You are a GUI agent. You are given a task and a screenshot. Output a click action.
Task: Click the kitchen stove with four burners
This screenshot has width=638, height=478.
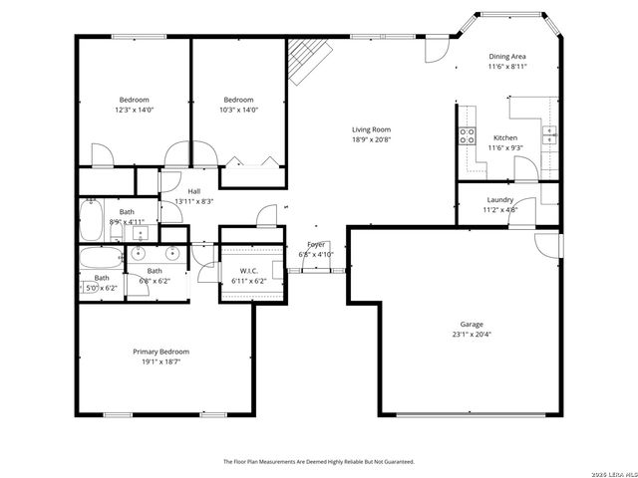[466, 136]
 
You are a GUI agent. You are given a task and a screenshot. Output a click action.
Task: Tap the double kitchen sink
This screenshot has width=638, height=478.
[548, 132]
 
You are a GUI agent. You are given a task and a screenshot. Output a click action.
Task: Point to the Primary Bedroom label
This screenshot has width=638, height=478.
[160, 352]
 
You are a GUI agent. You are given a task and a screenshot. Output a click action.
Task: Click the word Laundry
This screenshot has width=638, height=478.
[499, 199]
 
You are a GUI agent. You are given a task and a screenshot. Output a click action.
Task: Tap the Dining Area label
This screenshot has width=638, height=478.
[507, 57]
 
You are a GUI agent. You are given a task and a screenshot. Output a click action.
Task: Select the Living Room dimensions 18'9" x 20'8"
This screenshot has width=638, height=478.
[371, 140]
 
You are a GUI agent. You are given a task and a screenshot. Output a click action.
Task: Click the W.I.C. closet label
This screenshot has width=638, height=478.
[249, 271]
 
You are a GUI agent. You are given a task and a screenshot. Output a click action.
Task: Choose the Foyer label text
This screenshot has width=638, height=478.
[316, 244]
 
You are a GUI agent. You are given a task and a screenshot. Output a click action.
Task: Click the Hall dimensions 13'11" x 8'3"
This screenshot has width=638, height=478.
[194, 201]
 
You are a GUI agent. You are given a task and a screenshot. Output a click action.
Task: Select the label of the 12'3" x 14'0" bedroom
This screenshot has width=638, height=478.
[135, 100]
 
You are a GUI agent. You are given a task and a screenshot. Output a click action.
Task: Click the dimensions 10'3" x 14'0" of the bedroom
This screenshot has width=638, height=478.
[238, 111]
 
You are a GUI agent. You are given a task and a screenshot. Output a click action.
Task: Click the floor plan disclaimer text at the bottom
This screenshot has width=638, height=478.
[319, 462]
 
